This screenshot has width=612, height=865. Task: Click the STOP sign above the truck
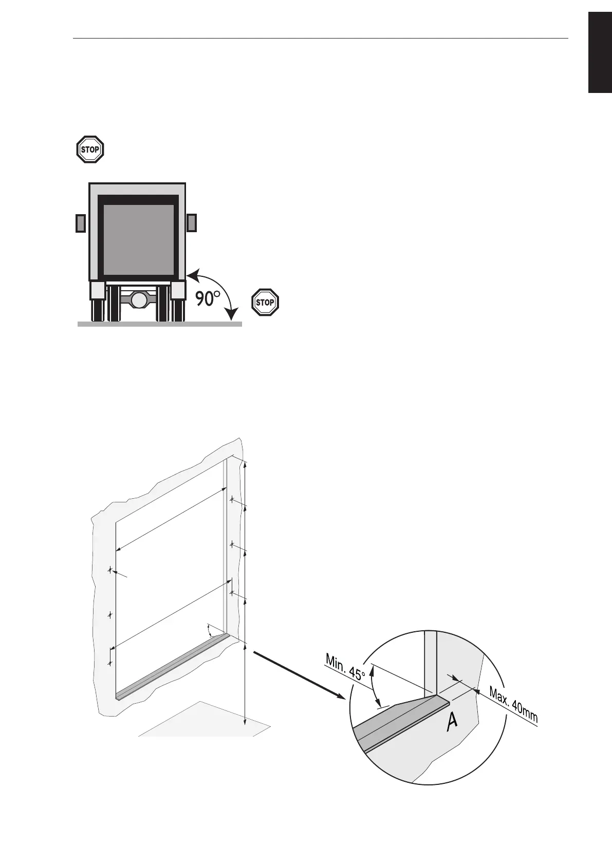pos(90,149)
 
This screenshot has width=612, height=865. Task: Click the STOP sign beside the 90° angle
pos(265,302)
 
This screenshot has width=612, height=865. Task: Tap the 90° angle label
pos(208,298)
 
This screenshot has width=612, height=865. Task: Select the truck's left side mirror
pos(81,223)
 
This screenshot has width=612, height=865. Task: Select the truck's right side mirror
pos(192,223)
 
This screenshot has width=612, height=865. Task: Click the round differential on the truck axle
pos(138,299)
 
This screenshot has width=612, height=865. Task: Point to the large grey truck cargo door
pos(138,239)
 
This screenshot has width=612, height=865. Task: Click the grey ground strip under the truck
pos(159,324)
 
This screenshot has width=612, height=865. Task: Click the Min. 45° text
pos(345,667)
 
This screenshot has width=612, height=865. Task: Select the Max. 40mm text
pos(513,704)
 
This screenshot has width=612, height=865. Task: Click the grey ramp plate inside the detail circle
pos(396,719)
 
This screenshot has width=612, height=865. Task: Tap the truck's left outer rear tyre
pos(98,310)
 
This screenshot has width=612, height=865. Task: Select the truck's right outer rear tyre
pos(179,310)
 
